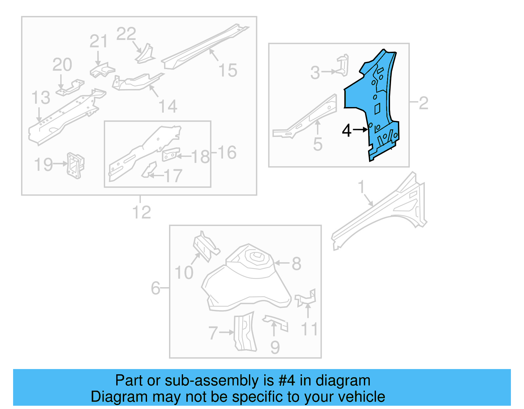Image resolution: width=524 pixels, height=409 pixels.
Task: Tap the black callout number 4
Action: point(346,131)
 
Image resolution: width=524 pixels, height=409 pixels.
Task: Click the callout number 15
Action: point(228,71)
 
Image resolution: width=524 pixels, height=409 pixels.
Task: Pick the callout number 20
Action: point(62,65)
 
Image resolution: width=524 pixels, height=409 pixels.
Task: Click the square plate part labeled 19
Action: point(75,166)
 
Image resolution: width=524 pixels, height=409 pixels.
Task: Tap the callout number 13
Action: point(41,98)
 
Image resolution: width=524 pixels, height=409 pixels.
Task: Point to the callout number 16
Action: point(227,153)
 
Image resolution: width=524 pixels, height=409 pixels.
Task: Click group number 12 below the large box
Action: point(141,213)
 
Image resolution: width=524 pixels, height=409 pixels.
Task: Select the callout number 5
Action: point(317,144)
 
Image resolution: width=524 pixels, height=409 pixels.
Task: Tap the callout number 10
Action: point(184,273)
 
